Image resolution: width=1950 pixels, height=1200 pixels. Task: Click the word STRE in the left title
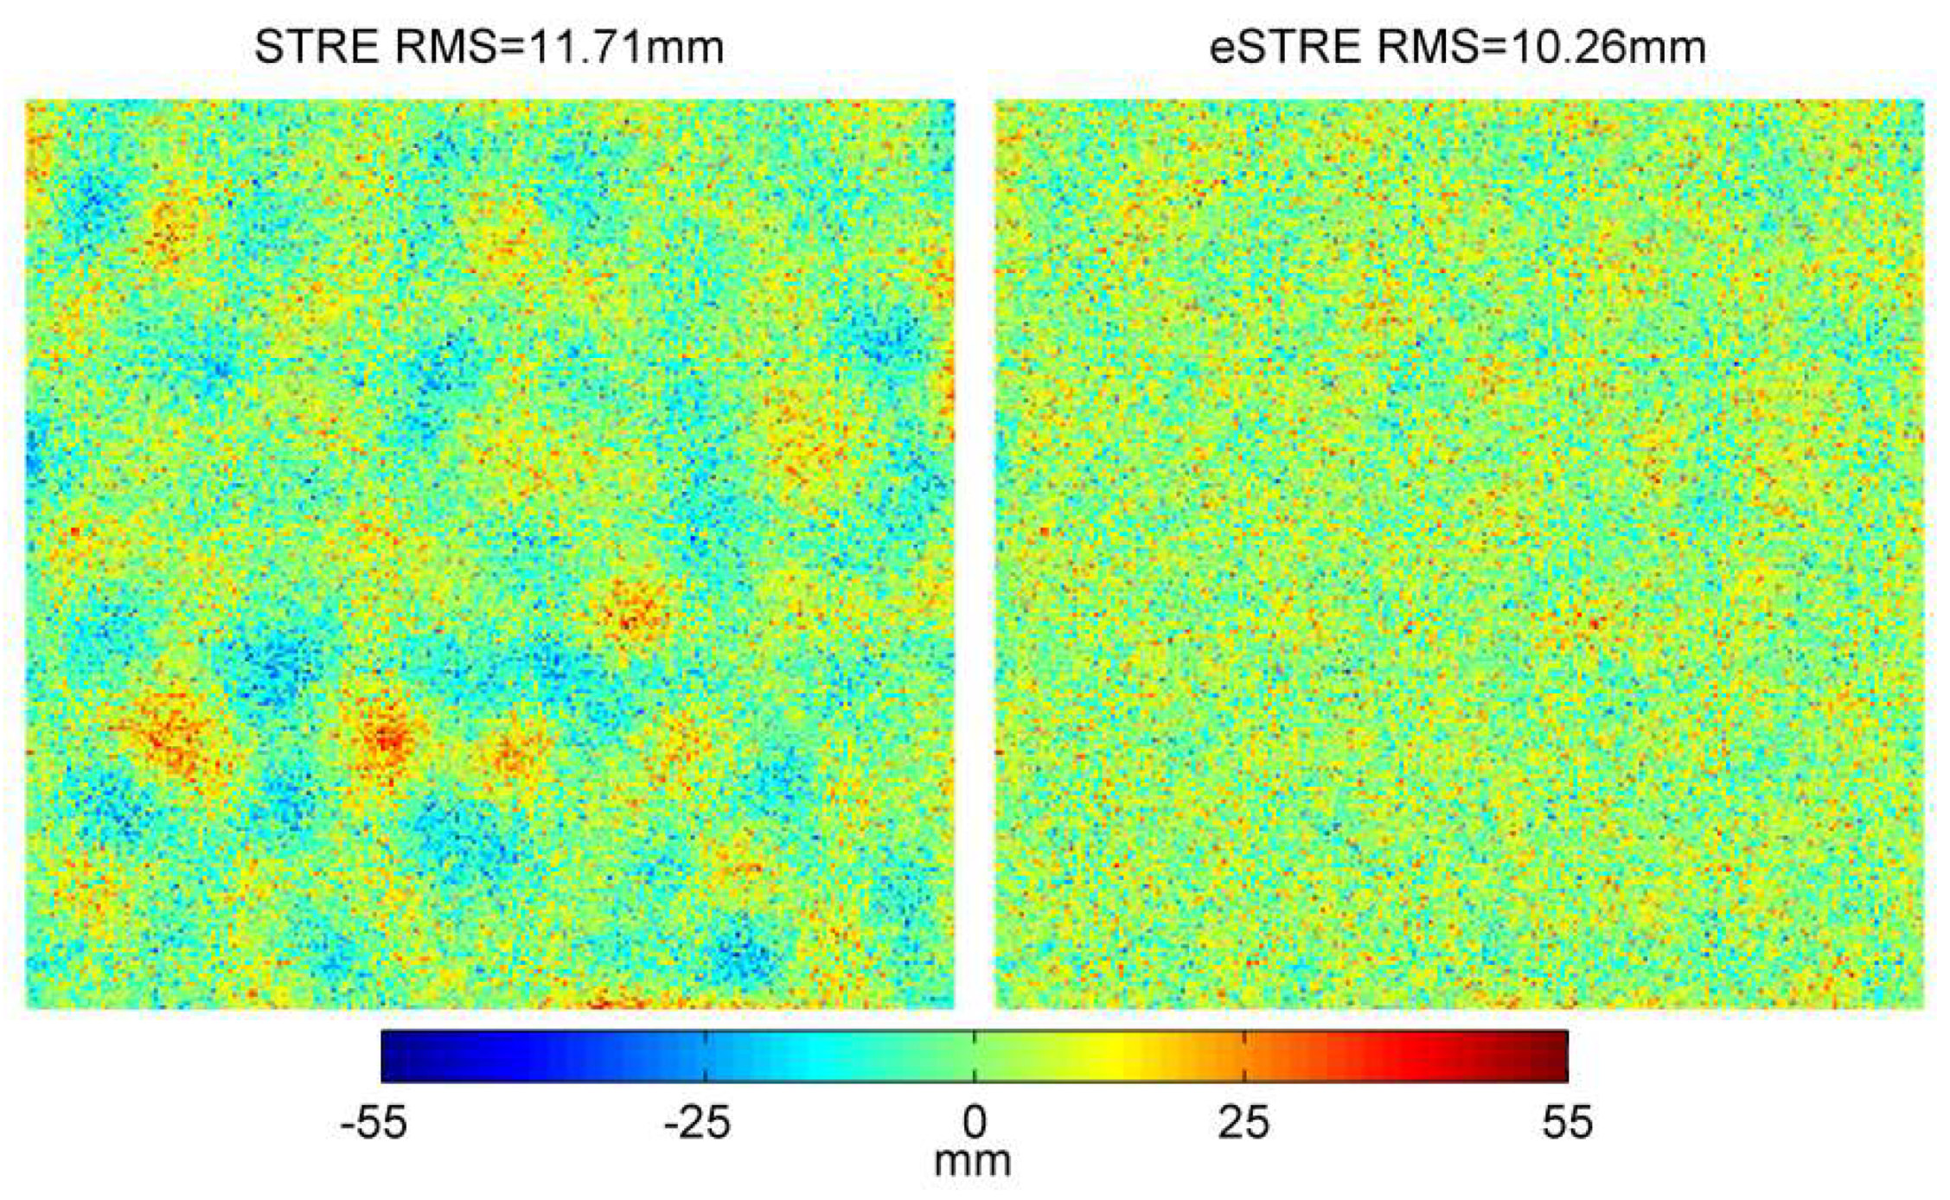(x=316, y=47)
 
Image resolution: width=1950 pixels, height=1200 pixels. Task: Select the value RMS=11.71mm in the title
(x=559, y=47)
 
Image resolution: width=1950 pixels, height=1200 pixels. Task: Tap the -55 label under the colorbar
(x=374, y=1122)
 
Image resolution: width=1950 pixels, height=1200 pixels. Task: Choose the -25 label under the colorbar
(x=697, y=1122)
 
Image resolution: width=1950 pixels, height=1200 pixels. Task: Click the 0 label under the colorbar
(x=975, y=1122)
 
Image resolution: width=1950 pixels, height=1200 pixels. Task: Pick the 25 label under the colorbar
(x=1244, y=1122)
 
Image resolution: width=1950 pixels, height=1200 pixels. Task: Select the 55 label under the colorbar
(x=1566, y=1122)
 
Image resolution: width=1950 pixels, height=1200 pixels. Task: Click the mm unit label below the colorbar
(x=973, y=1160)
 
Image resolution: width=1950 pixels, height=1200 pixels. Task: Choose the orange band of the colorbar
(x=1228, y=1056)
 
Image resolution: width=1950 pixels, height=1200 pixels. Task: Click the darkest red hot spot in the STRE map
(x=387, y=739)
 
